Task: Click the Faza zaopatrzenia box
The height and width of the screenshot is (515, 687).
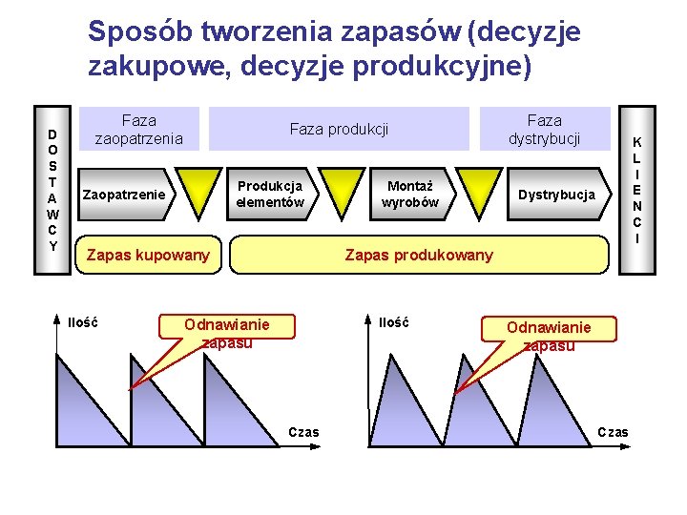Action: click(139, 130)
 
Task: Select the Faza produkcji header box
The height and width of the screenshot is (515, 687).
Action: click(339, 129)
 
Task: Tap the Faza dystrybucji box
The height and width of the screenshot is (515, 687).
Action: click(544, 130)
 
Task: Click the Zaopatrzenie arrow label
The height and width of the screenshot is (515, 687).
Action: click(124, 195)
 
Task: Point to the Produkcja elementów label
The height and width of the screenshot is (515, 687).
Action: click(270, 195)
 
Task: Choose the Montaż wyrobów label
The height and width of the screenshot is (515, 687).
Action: click(410, 195)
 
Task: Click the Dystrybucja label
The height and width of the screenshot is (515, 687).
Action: click(556, 195)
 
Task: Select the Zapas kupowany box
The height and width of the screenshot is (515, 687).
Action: click(148, 255)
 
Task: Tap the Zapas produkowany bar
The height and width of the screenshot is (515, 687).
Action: click(419, 255)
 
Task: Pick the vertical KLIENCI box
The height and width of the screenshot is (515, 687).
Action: click(636, 190)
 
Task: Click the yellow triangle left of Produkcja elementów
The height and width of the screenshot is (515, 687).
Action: click(201, 189)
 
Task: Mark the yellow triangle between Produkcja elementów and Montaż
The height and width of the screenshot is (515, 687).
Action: click(339, 189)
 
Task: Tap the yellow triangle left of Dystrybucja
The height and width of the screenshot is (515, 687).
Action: click(476, 189)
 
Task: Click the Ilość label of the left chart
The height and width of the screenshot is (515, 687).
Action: click(82, 322)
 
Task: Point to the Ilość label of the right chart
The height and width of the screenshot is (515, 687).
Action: click(393, 322)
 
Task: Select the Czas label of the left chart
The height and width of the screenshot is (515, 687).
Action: click(304, 433)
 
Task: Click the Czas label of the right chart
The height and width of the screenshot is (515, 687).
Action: click(613, 433)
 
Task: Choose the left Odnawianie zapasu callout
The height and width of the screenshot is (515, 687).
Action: click(227, 334)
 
